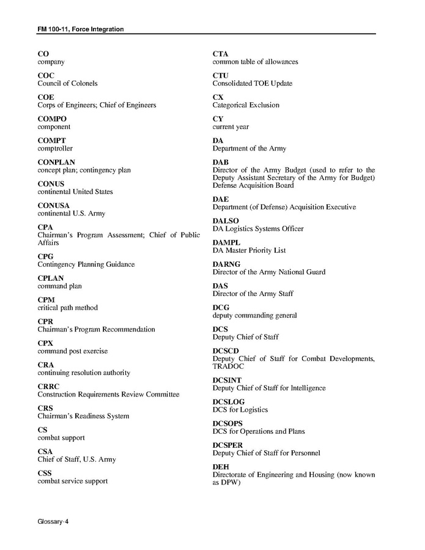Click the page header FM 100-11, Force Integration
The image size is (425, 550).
coord(81,29)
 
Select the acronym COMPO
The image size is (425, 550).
coord(52,119)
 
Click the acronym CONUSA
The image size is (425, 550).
coord(54,206)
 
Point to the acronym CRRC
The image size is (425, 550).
coord(50,387)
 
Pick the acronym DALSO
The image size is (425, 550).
coord(226,221)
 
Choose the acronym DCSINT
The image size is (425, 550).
coord(227,380)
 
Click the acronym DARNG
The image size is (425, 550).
coord(226,264)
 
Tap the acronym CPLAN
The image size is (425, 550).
coord(51,278)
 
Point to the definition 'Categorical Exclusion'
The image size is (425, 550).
coord(246,105)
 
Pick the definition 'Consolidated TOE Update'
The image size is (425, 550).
coord(252,84)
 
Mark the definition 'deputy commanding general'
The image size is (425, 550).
coord(254,316)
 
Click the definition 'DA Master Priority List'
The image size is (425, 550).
coord(249,250)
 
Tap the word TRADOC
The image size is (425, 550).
coord(228,366)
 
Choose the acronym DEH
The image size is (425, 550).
coord(221,467)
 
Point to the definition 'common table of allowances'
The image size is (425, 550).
coord(255,62)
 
